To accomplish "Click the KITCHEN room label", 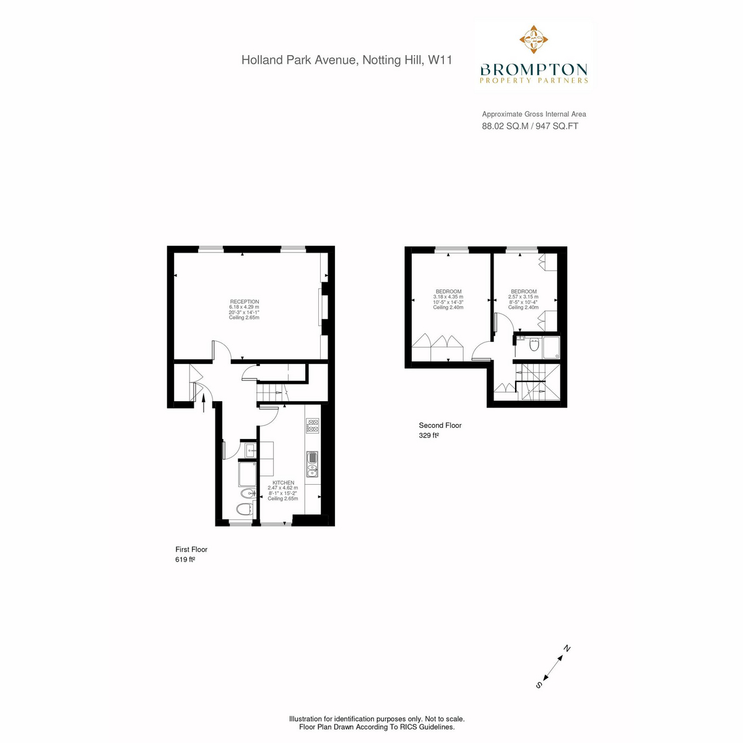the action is [x=283, y=482].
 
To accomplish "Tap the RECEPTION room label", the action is [x=245, y=302].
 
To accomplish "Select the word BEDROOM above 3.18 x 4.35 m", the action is [x=448, y=292].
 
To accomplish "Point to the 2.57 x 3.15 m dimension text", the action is [x=523, y=297].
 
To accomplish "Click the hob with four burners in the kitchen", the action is [x=312, y=425].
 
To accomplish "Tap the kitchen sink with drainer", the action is [x=312, y=464].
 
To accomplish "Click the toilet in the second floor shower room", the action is [x=534, y=344].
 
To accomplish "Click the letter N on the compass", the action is [x=567, y=648].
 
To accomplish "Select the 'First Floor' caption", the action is [x=191, y=549].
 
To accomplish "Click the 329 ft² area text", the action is [x=428, y=435].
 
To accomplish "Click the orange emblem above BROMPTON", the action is [x=534, y=40].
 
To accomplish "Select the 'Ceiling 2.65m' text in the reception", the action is [x=244, y=318].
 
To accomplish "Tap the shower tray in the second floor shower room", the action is [x=551, y=348].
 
